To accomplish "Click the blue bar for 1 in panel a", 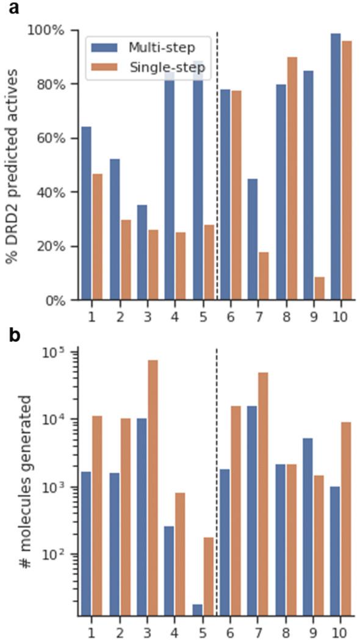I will click(85, 213).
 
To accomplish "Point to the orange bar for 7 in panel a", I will click(264, 275).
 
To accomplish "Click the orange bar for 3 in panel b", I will click(153, 488).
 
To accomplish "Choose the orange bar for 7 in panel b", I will click(264, 494).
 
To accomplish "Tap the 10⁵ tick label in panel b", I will click(57, 353).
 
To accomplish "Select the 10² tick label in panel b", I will click(57, 555).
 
